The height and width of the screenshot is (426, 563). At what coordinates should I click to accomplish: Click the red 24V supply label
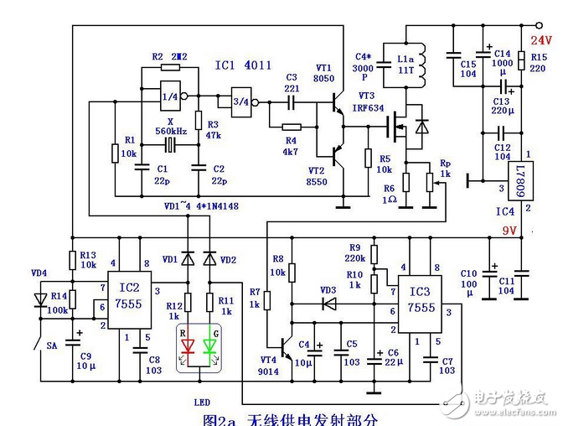coord(541,39)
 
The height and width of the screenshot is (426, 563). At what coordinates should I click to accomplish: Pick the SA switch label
coord(51,345)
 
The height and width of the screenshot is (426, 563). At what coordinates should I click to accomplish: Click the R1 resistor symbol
coord(114,153)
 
